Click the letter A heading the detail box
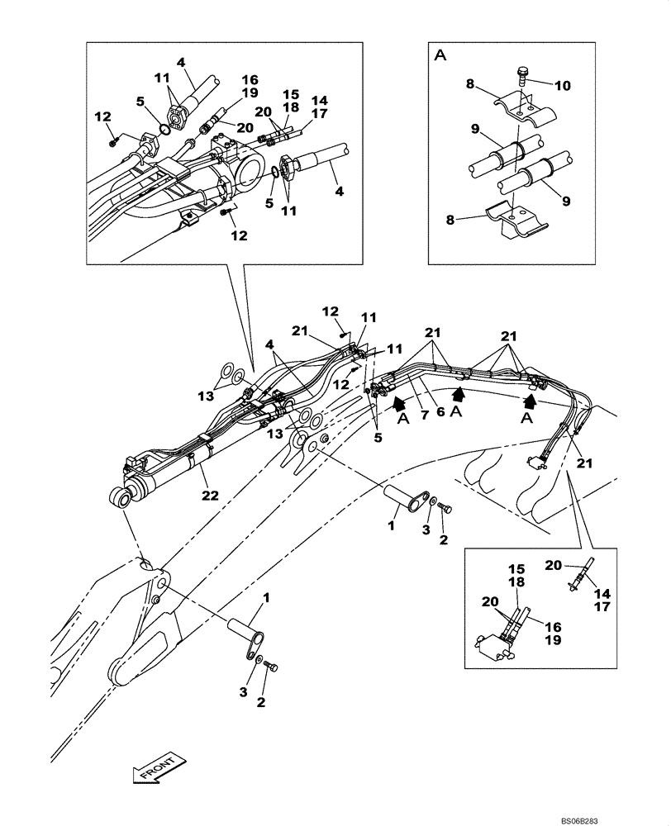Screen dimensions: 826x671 [x=440, y=55]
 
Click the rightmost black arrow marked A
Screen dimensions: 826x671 [x=530, y=402]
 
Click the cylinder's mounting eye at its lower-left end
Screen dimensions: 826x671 [x=120, y=496]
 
